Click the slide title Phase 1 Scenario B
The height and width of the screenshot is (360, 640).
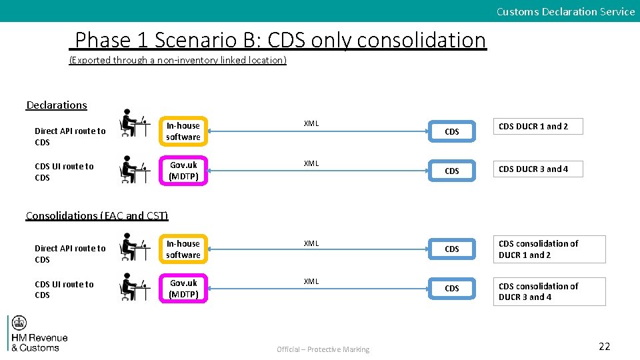pyautogui.click(x=280, y=41)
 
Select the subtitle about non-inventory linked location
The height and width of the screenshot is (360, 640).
pyautogui.click(x=178, y=60)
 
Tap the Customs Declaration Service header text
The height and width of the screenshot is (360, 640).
pyautogui.click(x=565, y=11)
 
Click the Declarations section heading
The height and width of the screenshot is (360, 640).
pyautogui.click(x=57, y=105)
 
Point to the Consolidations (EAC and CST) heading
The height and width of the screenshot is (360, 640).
pyautogui.click(x=97, y=215)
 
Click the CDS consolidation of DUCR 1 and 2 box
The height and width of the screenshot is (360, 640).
pyautogui.click(x=549, y=249)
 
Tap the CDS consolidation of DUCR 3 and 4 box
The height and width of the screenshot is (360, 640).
pyautogui.click(x=549, y=291)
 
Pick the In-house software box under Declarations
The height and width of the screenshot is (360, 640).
pyautogui.click(x=183, y=131)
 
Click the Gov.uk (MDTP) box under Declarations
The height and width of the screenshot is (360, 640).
pyautogui.click(x=183, y=171)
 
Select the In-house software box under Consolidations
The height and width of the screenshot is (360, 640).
pyautogui.click(x=183, y=249)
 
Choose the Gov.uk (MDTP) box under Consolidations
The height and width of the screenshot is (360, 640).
pyautogui.click(x=183, y=289)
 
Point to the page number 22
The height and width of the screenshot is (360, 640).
pyautogui.click(x=604, y=346)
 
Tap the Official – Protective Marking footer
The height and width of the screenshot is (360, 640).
pyautogui.click(x=323, y=349)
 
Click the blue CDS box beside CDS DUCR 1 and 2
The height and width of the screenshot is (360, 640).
pyautogui.click(x=452, y=132)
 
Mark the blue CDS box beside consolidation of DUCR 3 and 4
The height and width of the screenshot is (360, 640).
pyautogui.click(x=452, y=289)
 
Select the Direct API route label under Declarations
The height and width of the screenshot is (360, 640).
pyautogui.click(x=70, y=137)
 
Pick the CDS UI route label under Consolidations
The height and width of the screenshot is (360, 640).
pyautogui.click(x=64, y=289)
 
